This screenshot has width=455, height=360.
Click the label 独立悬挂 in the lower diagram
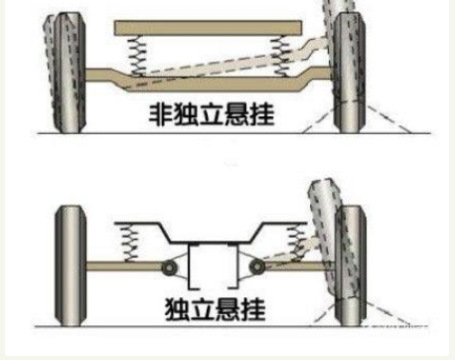216,308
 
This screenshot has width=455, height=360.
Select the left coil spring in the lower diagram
128,238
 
